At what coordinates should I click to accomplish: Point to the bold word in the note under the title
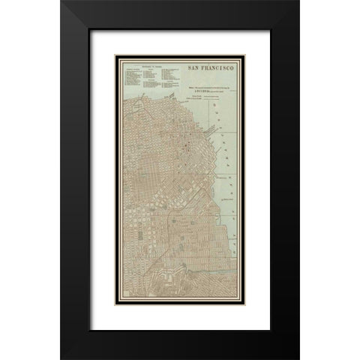coord(205,97)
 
